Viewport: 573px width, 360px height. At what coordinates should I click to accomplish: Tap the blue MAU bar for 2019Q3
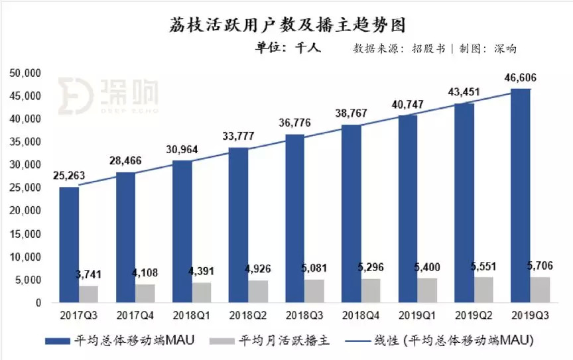[x=521, y=196]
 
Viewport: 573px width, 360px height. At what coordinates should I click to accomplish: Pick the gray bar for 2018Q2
[x=259, y=292]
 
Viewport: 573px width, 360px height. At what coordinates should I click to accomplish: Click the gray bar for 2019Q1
[x=428, y=290]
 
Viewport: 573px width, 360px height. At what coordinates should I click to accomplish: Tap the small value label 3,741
[x=90, y=275]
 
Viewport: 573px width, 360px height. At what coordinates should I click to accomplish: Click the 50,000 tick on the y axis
[x=25, y=73]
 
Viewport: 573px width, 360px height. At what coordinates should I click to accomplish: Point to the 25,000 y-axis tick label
[x=25, y=188]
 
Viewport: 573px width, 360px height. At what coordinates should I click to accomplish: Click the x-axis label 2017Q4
[x=135, y=315]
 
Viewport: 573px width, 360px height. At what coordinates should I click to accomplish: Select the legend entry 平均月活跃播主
[x=269, y=341]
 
